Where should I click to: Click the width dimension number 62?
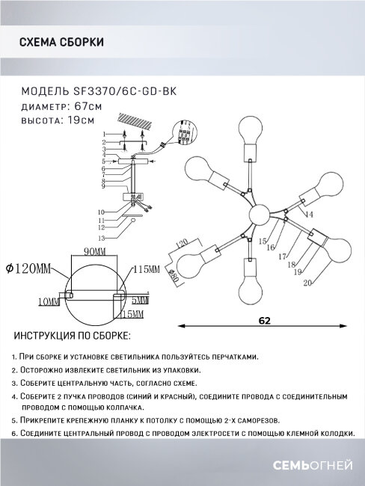pos(262,319)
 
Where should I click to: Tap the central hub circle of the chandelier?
pos(259,215)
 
